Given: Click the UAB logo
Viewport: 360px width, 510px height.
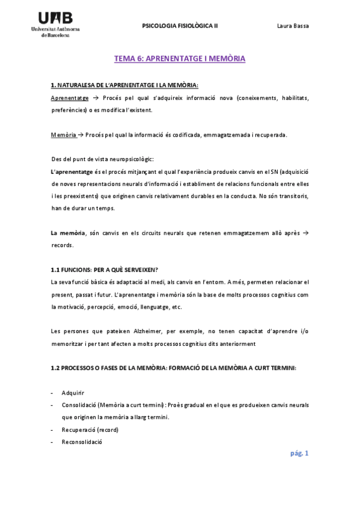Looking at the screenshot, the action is click(x=59, y=24).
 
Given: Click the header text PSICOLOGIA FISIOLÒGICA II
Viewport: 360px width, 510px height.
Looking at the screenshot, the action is click(x=180, y=26).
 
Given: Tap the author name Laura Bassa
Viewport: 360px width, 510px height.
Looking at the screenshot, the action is click(x=292, y=26).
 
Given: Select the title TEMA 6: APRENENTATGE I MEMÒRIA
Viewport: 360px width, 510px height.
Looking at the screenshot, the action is click(x=180, y=59).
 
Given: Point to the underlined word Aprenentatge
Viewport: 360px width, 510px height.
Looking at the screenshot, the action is click(x=70, y=98).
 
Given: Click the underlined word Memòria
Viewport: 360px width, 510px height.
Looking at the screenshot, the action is click(x=64, y=134).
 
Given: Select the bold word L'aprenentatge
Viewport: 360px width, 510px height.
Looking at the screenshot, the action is click(x=72, y=171).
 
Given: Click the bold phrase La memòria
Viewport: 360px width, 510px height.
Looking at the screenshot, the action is click(x=69, y=233).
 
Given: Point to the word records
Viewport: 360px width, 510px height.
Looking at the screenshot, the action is click(x=62, y=245).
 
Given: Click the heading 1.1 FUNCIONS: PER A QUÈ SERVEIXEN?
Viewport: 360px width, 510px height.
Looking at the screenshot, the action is click(x=105, y=270).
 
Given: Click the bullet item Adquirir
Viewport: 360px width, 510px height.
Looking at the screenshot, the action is click(x=73, y=393).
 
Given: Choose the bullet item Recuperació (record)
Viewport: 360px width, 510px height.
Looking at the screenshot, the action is click(x=90, y=430).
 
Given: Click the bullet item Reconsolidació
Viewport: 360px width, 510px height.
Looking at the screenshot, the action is click(x=82, y=443).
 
